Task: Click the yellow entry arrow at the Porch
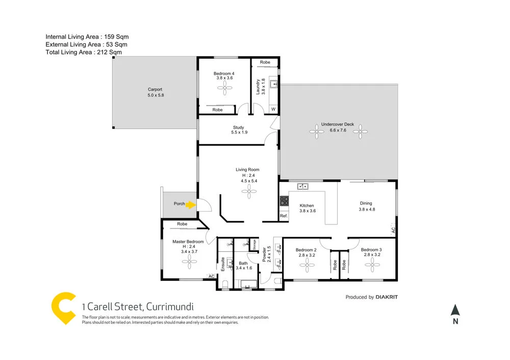[190, 204]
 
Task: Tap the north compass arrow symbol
[455, 310]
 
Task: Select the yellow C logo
[64, 308]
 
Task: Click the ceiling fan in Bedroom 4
[223, 89]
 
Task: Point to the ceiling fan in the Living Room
[249, 192]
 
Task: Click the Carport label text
[155, 89]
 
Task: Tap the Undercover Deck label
[337, 124]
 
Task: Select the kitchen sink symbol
[302, 186]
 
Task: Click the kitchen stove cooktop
[284, 202]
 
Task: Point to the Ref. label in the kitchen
[284, 216]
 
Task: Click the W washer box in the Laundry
[273, 109]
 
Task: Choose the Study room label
[238, 127]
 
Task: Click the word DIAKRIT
[390, 297]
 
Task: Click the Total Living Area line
[84, 52]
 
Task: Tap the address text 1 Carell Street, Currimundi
[138, 306]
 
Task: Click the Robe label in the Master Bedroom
[182, 224]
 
